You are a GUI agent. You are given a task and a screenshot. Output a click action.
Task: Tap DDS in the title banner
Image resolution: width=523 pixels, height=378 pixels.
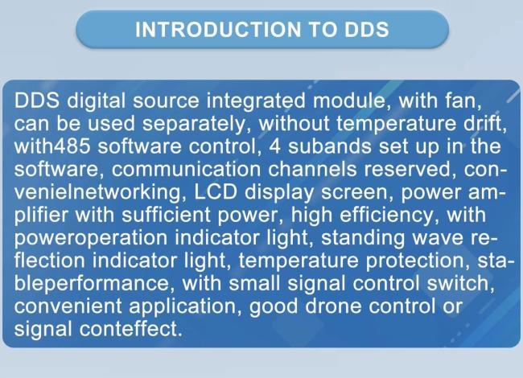(x=361, y=30)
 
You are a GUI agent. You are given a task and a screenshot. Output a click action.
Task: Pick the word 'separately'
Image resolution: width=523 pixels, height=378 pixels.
(x=196, y=125)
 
